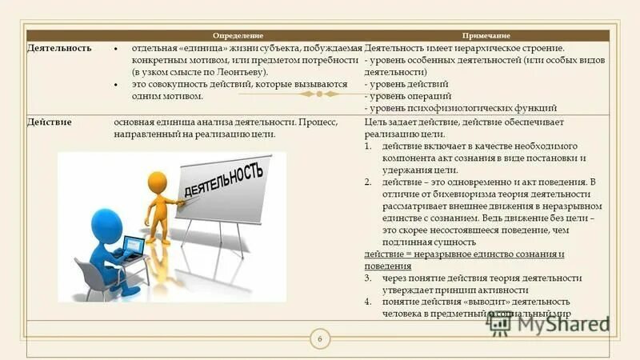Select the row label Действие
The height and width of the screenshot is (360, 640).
[50, 122]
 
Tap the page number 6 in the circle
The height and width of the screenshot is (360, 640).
[320, 341]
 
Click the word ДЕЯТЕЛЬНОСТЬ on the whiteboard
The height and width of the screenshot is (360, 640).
[223, 181]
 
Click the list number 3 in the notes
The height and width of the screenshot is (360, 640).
[367, 278]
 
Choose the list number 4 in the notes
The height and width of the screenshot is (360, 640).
[367, 302]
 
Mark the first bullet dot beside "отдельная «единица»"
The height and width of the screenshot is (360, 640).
[116, 49]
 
